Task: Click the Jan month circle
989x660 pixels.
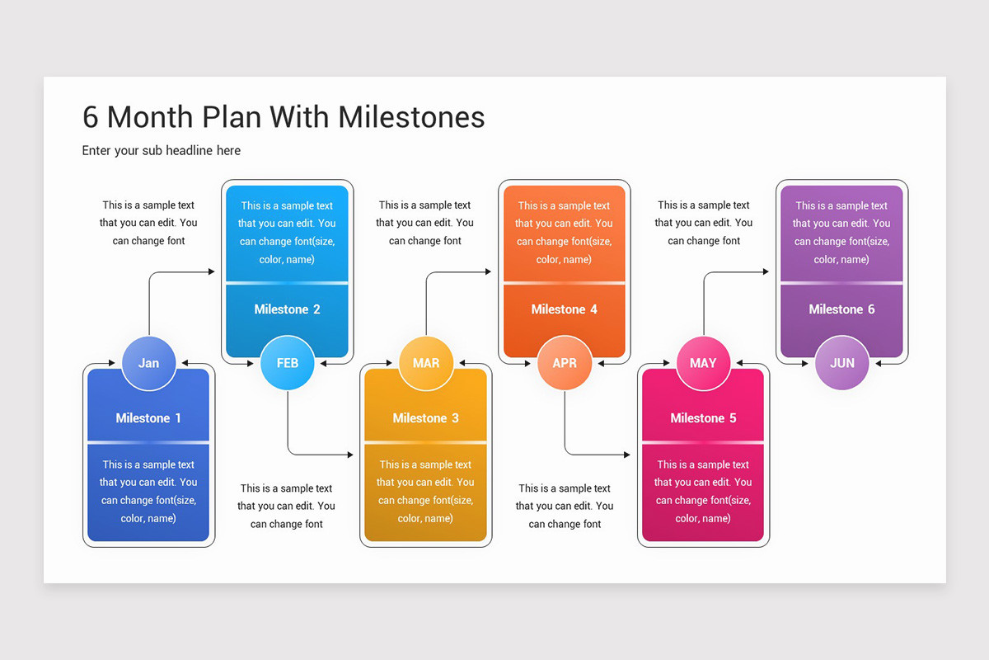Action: pos(149,363)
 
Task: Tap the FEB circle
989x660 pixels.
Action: pos(288,363)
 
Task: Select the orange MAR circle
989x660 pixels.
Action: pos(426,363)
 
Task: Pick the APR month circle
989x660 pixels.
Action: pos(565,363)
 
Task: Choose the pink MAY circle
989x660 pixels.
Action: pos(703,363)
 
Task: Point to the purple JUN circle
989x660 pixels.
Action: pos(841,363)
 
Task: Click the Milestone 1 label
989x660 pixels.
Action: pos(148,418)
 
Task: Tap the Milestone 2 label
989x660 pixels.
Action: pos(287,309)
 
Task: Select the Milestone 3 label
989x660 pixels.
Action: pos(425,418)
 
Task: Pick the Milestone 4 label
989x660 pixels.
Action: pos(564,309)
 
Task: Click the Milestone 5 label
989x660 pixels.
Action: pos(703,418)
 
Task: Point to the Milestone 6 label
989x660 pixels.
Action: pos(841,309)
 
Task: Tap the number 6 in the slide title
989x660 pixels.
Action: pos(90,117)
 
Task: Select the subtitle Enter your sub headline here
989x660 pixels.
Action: pos(162,150)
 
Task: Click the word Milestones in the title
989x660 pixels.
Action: pos(411,117)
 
